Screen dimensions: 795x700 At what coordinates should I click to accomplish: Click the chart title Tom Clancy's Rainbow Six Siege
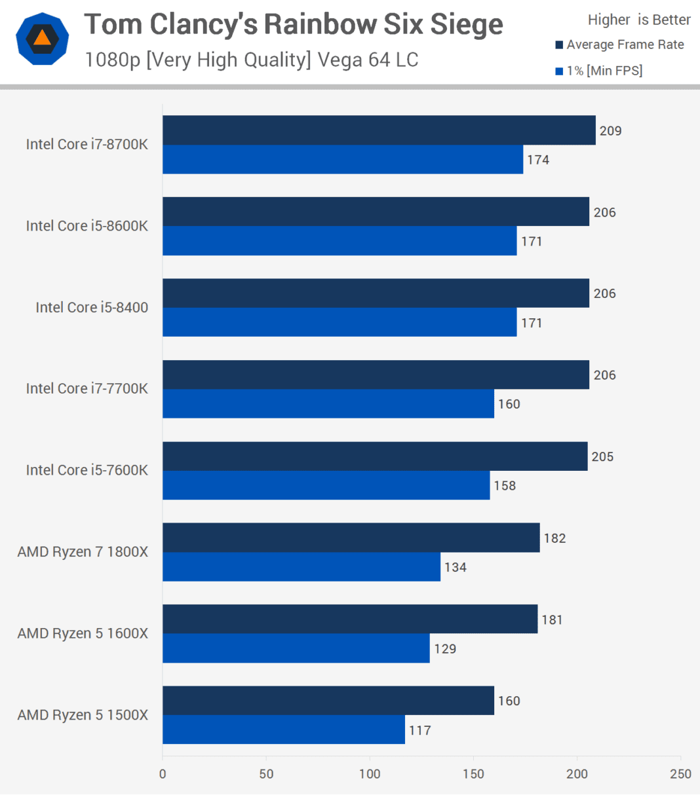click(294, 25)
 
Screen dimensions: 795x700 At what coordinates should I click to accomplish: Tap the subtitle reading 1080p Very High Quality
click(251, 60)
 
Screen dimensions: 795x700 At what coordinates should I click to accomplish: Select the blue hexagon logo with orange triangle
click(42, 39)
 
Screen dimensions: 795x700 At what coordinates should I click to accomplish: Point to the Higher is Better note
click(638, 20)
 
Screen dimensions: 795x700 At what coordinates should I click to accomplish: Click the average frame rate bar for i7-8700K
click(379, 130)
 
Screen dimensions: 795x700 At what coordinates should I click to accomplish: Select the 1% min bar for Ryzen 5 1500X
click(283, 730)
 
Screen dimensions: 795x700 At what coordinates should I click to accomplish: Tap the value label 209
click(610, 131)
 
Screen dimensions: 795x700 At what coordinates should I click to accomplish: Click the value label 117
click(420, 730)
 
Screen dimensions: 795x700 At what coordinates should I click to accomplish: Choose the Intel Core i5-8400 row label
click(92, 307)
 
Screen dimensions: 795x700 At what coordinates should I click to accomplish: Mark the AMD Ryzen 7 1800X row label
click(83, 552)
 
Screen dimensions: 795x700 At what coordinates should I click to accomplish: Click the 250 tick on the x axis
click(680, 773)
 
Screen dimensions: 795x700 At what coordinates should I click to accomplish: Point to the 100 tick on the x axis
click(370, 773)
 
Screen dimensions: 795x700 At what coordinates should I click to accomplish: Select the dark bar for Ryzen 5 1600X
click(350, 619)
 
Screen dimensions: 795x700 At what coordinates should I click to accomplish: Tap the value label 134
click(456, 567)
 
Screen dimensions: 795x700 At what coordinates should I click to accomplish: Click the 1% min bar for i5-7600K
click(326, 485)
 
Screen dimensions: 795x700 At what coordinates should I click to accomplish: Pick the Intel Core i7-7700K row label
click(87, 389)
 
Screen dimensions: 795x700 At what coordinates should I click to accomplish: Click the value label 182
click(554, 538)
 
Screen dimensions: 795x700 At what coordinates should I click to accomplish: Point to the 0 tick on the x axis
click(163, 773)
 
